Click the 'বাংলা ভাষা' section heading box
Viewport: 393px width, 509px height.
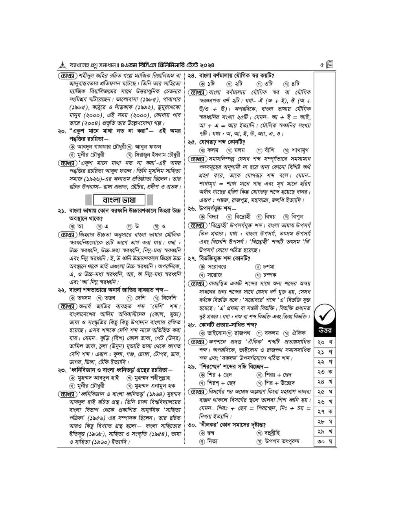[x=118, y=200]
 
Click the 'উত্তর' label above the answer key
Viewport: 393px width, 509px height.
[x=325, y=330]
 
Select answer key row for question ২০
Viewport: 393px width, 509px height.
[x=325, y=342]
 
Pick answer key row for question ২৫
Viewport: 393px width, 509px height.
[x=325, y=392]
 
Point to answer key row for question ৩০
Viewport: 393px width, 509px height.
[x=325, y=441]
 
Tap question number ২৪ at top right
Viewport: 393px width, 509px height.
[x=192, y=76]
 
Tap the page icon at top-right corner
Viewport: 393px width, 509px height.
[x=330, y=64]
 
